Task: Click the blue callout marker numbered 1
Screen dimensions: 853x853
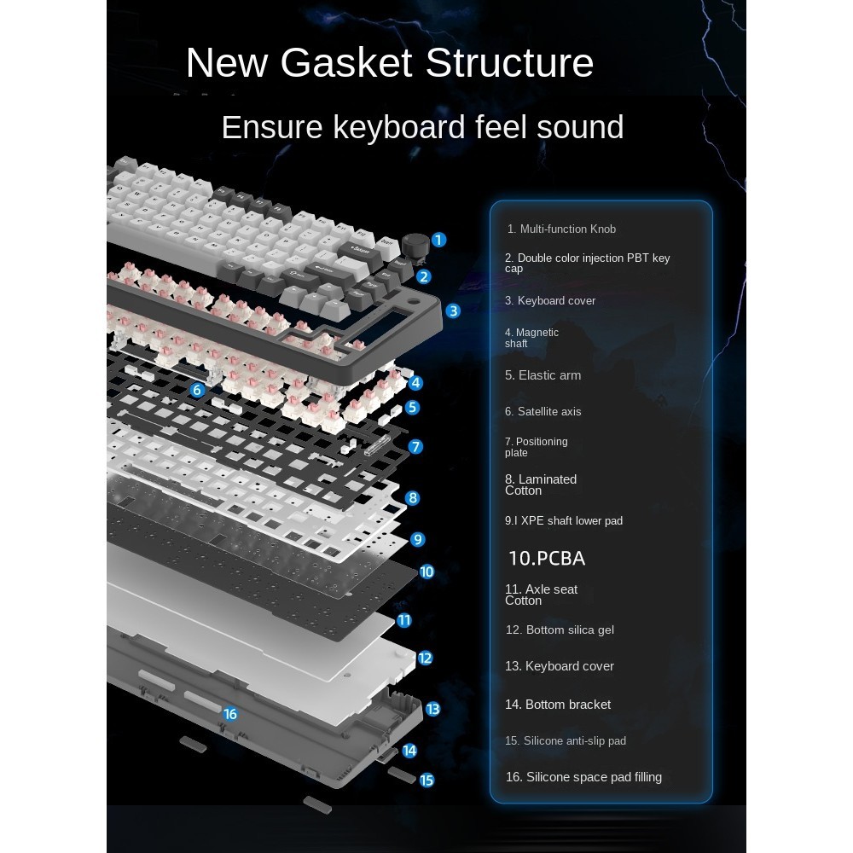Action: (438, 240)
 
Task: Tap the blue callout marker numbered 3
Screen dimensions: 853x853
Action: (454, 311)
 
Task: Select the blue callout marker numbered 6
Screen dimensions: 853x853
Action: (198, 390)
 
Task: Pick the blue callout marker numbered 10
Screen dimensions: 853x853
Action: (427, 572)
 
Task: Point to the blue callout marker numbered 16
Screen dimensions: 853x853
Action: (229, 714)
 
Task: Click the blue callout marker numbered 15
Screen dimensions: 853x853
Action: (427, 780)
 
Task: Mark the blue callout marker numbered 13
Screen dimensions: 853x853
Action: (433, 709)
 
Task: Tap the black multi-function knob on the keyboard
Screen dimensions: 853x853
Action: (414, 243)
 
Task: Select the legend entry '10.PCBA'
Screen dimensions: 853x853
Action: (547, 559)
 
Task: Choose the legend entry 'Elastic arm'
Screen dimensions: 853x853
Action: (543, 375)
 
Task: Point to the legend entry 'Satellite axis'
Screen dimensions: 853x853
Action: (543, 411)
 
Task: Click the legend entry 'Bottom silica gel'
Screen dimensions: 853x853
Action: (560, 630)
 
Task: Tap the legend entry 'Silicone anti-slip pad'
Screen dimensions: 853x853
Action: (566, 740)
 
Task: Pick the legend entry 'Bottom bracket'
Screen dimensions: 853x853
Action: (558, 704)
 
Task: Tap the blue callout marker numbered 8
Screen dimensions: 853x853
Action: (413, 497)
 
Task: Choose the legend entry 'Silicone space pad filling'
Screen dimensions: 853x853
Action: (583, 776)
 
